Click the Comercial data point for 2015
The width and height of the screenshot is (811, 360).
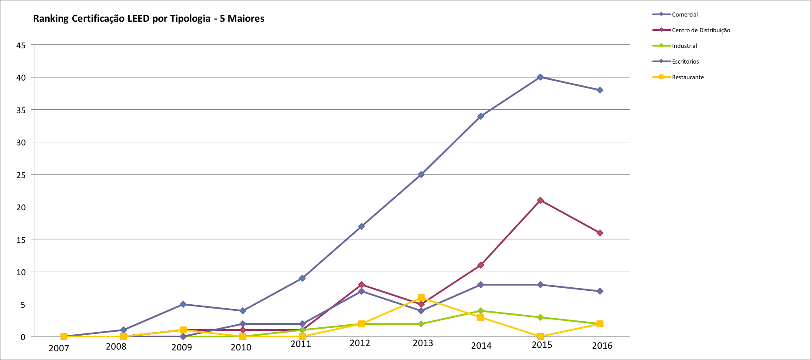coord(540,77)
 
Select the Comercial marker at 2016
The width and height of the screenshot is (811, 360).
coord(600,90)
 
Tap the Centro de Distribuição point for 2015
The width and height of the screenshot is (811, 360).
coord(540,200)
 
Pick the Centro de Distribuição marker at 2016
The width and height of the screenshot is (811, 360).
coord(600,233)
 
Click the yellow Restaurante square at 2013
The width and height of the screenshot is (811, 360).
coord(421,298)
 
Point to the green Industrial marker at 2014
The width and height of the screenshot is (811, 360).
coord(480,311)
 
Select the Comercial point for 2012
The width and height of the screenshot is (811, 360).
coord(361,226)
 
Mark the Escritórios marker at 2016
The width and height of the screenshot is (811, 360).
coord(600,291)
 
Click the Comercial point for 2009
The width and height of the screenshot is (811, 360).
coord(183,304)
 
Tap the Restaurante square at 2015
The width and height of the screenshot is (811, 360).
coord(540,336)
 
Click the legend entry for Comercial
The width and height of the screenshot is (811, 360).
coord(684,14)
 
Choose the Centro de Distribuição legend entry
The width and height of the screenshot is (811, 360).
coord(700,30)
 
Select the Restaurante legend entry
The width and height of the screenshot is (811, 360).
coord(687,77)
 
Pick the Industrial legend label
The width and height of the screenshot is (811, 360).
coord(684,46)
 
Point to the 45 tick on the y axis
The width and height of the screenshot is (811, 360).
coord(21,45)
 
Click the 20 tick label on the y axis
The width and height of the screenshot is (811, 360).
coord(21,207)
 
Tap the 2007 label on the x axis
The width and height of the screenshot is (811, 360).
coord(59,348)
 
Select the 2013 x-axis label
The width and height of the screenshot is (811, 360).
coord(423,343)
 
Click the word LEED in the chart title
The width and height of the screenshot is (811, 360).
coord(138,19)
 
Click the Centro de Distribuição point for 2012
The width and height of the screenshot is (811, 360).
coord(361,285)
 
